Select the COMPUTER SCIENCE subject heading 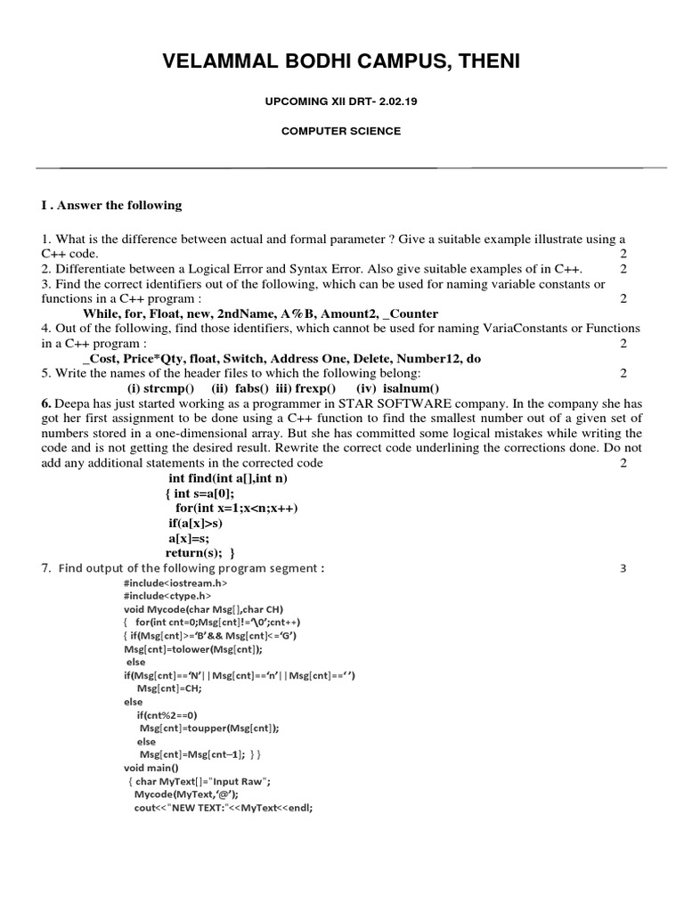tap(341, 131)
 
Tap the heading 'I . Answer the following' tap(111, 206)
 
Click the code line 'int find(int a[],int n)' tap(228, 478)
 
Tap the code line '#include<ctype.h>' tap(167, 595)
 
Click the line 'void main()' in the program tap(151, 767)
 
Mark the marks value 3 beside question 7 tap(623, 568)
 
